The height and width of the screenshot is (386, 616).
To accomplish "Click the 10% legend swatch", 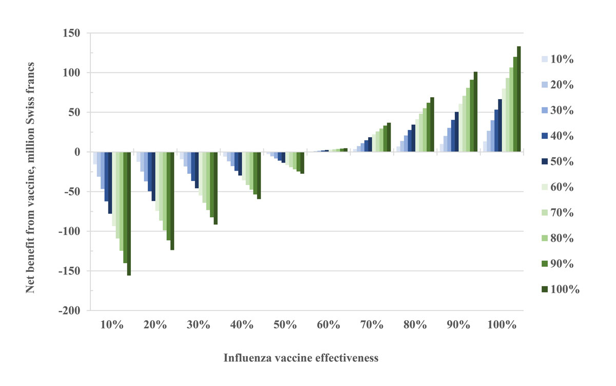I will tap(546, 59).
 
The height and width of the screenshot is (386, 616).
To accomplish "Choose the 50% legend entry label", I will tap(563, 162).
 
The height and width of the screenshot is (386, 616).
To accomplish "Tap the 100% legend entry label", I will tap(565, 290).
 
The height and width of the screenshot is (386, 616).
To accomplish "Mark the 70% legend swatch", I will tap(546, 213).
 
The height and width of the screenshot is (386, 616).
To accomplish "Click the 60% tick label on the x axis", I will tap(328, 325).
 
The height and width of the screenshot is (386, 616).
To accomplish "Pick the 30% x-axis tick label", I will tap(198, 325).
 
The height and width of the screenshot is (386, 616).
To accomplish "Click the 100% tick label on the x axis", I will tap(502, 325).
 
